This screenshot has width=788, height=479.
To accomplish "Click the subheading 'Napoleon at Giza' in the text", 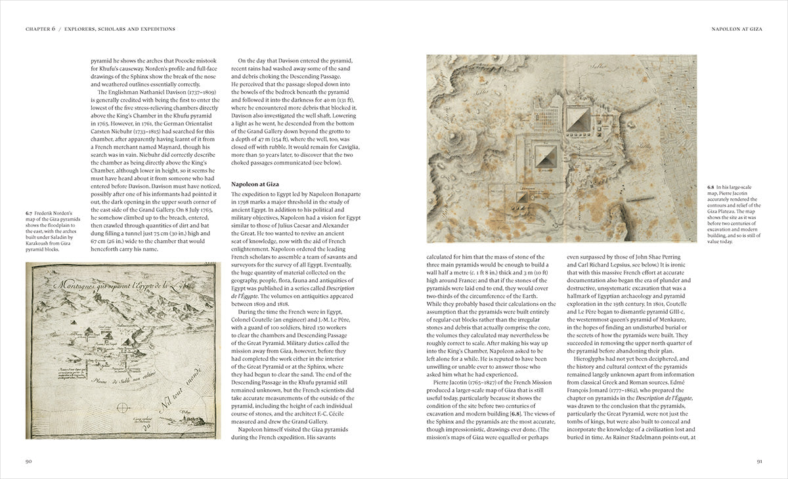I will click(x=255, y=184).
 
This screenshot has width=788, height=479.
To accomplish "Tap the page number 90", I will click(x=29, y=461).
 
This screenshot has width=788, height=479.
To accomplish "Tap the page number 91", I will click(x=758, y=461).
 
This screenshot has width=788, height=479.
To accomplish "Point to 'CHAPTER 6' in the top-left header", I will click(x=40, y=29).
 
